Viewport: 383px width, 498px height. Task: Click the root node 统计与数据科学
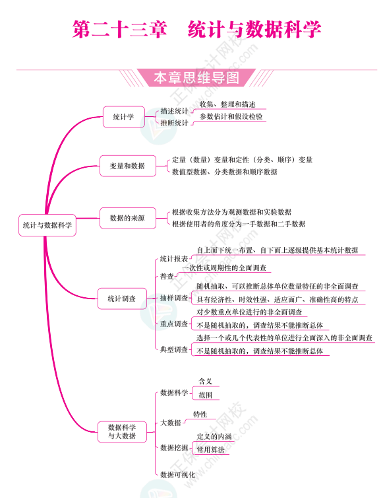pyautogui.click(x=47, y=225)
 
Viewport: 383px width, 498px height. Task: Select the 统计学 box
pyautogui.click(x=124, y=117)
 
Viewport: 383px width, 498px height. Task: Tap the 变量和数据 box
pyautogui.click(x=128, y=166)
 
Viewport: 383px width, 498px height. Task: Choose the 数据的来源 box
pyautogui.click(x=128, y=218)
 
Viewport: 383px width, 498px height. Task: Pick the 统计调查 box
pyautogui.click(x=122, y=299)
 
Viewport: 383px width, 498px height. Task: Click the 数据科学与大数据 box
pyautogui.click(x=122, y=431)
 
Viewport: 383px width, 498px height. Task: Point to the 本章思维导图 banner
pyautogui.click(x=196, y=78)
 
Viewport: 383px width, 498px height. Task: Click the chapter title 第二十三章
pyautogui.click(x=119, y=29)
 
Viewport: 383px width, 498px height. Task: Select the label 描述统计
pyautogui.click(x=174, y=111)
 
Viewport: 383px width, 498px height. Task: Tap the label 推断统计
pyautogui.click(x=174, y=123)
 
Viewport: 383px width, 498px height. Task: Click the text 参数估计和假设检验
pyautogui.click(x=231, y=116)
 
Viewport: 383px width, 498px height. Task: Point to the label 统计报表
pyautogui.click(x=174, y=259)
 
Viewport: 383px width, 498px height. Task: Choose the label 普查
pyautogui.click(x=167, y=276)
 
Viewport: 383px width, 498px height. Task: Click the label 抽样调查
pyautogui.click(x=174, y=298)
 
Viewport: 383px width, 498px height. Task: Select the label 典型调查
pyautogui.click(x=174, y=349)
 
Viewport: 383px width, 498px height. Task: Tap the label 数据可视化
pyautogui.click(x=177, y=475)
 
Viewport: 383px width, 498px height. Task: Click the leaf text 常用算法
pyautogui.click(x=210, y=450)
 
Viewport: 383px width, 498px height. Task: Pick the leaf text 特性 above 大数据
pyautogui.click(x=200, y=414)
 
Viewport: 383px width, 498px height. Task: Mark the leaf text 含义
pyautogui.click(x=205, y=381)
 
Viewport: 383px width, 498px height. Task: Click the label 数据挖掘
pyautogui.click(x=174, y=448)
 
